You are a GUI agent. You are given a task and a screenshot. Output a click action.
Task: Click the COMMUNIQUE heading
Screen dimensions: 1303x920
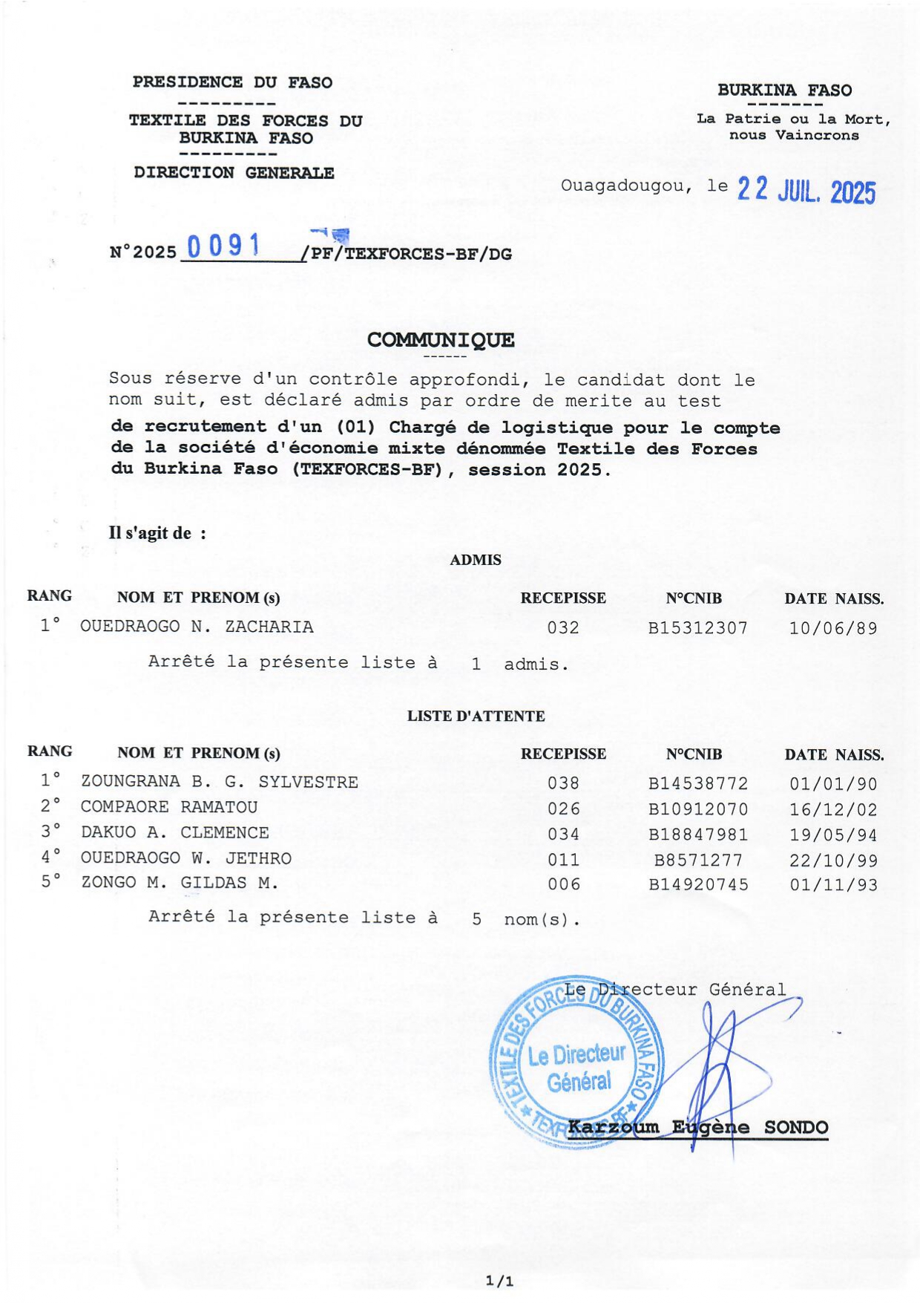click(441, 340)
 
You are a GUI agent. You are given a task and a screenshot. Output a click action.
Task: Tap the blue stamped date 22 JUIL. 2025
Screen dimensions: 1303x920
click(806, 192)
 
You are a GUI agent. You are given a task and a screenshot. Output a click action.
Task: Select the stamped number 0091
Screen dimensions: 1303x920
click(223, 246)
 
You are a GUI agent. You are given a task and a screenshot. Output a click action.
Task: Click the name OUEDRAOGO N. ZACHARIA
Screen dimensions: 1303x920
click(197, 627)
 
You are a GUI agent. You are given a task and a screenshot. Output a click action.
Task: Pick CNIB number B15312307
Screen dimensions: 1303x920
click(697, 628)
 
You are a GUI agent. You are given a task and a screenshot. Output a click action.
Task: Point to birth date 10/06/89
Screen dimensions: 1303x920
click(832, 628)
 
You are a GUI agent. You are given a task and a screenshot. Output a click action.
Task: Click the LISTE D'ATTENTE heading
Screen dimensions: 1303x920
click(476, 716)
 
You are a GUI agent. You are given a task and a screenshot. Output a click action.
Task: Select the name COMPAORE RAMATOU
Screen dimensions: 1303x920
click(169, 807)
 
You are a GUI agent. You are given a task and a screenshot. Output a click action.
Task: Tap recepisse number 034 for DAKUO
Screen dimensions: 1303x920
click(563, 835)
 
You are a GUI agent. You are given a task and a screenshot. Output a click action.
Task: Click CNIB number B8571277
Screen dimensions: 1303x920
click(697, 860)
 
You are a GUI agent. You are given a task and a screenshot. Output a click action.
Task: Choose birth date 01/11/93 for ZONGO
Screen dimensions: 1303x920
click(832, 885)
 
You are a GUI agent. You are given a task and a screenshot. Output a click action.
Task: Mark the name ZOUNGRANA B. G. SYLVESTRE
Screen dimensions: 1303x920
click(219, 782)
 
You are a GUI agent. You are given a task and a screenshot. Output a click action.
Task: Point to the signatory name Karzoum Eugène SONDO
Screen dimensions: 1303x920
click(697, 1127)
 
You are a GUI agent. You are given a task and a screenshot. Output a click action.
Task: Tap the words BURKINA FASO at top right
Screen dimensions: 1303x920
click(784, 91)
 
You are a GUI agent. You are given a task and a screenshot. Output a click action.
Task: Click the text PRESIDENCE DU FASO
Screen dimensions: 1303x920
click(232, 82)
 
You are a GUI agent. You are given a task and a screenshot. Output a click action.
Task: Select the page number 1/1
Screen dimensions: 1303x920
click(499, 1281)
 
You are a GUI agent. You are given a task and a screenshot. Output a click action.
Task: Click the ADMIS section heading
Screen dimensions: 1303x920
click(476, 560)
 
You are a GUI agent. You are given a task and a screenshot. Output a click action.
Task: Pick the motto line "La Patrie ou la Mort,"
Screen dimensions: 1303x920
click(792, 119)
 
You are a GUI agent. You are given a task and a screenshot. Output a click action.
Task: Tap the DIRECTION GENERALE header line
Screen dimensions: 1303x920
click(234, 173)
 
